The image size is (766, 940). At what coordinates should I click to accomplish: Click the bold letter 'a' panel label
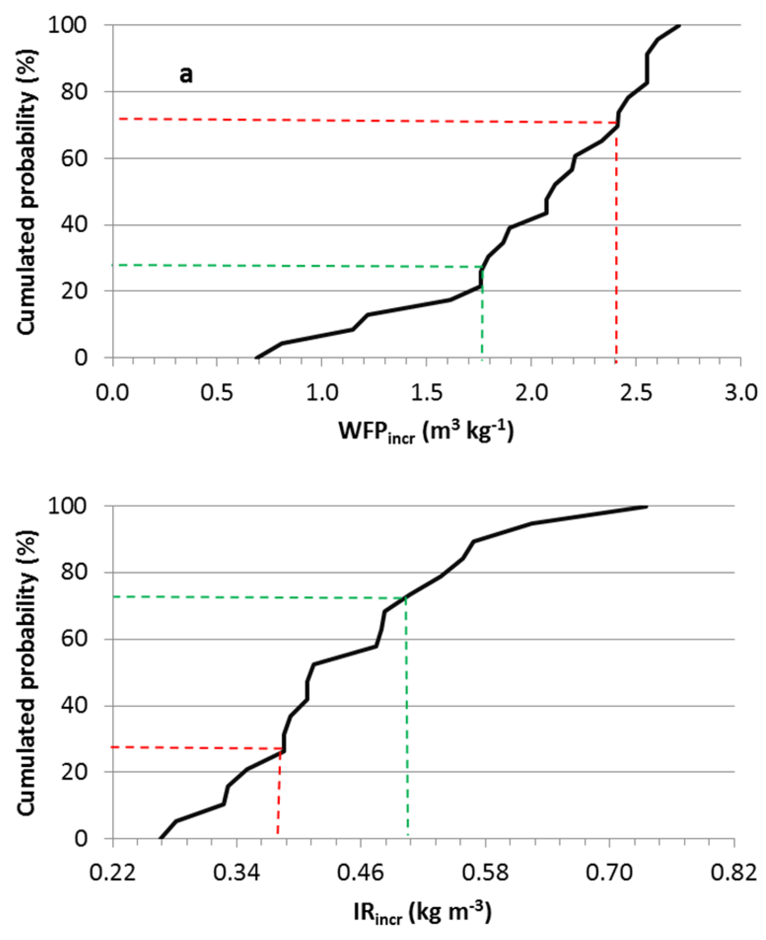(x=185, y=75)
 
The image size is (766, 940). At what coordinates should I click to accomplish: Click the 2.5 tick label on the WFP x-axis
(x=636, y=392)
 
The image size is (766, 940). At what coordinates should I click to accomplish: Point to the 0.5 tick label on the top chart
(x=217, y=392)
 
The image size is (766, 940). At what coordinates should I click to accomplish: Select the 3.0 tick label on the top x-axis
(x=741, y=392)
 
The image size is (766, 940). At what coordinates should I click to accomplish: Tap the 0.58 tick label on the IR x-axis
(x=485, y=873)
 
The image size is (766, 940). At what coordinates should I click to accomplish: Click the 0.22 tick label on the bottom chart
(x=113, y=873)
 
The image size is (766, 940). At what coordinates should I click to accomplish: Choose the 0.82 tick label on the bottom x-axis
(x=734, y=873)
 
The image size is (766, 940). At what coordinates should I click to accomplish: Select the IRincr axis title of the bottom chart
(x=422, y=913)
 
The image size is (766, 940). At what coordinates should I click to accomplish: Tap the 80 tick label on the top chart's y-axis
(x=74, y=92)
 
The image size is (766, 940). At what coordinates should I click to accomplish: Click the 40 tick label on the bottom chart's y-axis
(x=74, y=706)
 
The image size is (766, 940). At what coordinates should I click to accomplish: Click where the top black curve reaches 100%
(x=679, y=25)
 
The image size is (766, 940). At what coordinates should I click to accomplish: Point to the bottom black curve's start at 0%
(x=160, y=838)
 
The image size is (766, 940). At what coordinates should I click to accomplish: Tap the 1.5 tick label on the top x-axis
(x=426, y=392)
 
